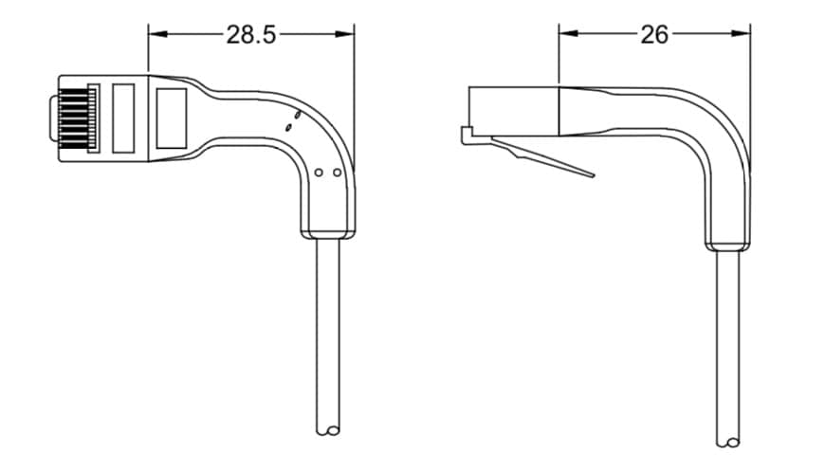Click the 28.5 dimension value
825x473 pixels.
[251, 35]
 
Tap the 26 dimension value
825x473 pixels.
[654, 35]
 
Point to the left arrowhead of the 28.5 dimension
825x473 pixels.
[157, 34]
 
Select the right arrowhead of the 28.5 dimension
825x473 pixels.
[344, 34]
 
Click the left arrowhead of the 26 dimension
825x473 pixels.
[568, 34]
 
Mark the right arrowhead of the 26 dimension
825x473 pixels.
[741, 34]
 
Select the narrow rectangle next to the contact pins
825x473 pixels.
[123, 118]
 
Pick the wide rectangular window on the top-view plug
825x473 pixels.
[172, 118]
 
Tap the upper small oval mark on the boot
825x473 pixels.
[297, 114]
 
